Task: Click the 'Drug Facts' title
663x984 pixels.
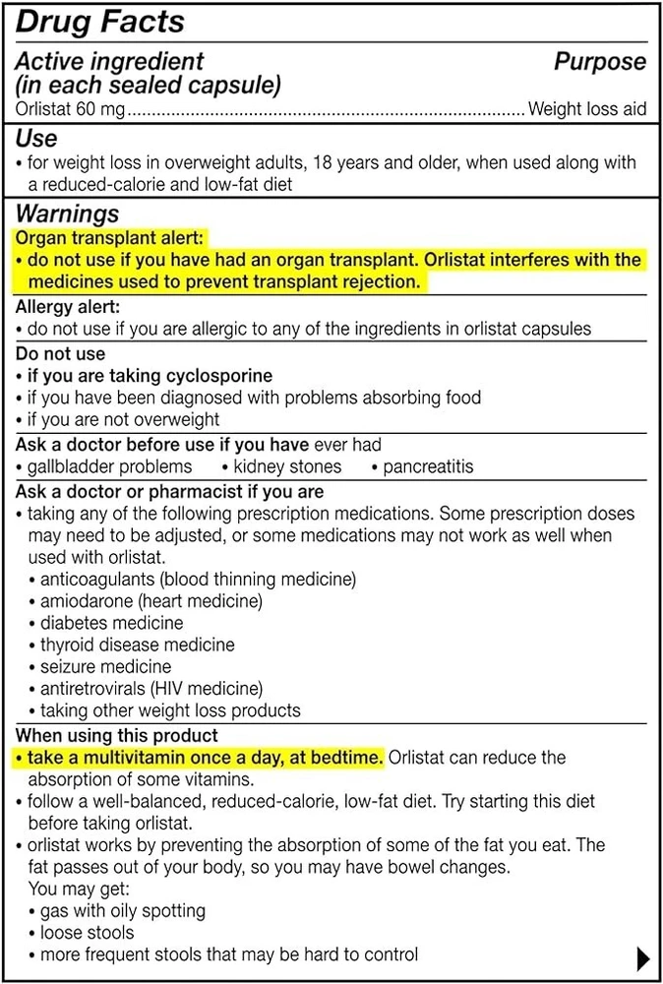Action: pyautogui.click(x=100, y=22)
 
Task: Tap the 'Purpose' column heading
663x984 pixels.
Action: pyautogui.click(x=600, y=62)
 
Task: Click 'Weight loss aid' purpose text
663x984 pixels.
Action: pyautogui.click(x=587, y=109)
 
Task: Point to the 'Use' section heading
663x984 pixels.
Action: pyautogui.click(x=36, y=139)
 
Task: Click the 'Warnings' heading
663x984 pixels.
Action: pyautogui.click(x=67, y=214)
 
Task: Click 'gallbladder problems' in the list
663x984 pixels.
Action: pyautogui.click(x=109, y=466)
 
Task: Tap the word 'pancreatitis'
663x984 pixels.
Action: pyautogui.click(x=428, y=466)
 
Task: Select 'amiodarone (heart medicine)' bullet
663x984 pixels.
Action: pyautogui.click(x=151, y=600)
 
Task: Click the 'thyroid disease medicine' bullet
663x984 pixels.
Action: pyautogui.click(x=137, y=645)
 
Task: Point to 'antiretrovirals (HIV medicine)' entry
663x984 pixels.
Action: pyautogui.click(x=151, y=689)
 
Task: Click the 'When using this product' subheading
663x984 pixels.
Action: pyautogui.click(x=117, y=735)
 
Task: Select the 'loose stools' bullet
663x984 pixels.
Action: pyautogui.click(x=87, y=932)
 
